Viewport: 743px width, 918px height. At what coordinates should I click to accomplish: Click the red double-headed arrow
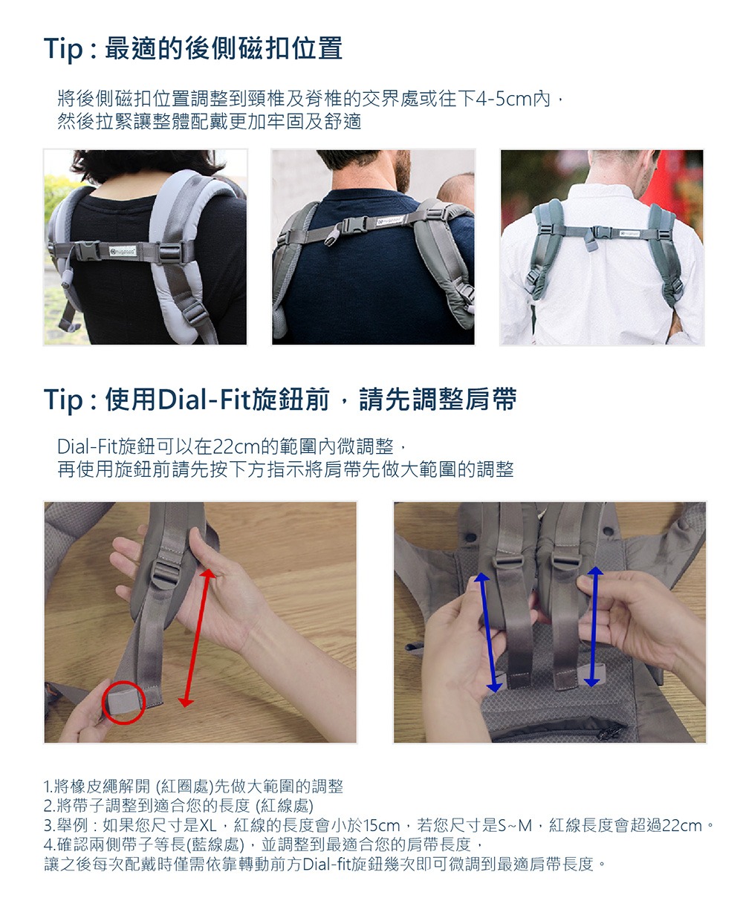[x=197, y=638]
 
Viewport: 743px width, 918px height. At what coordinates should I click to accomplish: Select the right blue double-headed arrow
[x=594, y=627]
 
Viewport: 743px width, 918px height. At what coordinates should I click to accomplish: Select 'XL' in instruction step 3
[x=208, y=825]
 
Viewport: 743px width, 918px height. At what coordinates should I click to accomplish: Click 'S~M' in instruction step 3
[x=515, y=825]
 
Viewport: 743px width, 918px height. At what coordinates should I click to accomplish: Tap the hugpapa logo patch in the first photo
[x=123, y=251]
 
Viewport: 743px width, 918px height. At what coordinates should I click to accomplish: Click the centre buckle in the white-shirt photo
[x=602, y=233]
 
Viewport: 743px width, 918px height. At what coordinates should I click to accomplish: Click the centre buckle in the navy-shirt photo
[x=354, y=224]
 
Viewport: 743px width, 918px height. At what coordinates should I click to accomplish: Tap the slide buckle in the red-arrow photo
[x=166, y=574]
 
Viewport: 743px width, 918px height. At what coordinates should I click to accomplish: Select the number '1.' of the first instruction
[x=48, y=787]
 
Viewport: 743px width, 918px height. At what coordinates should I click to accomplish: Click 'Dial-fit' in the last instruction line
[x=326, y=864]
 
